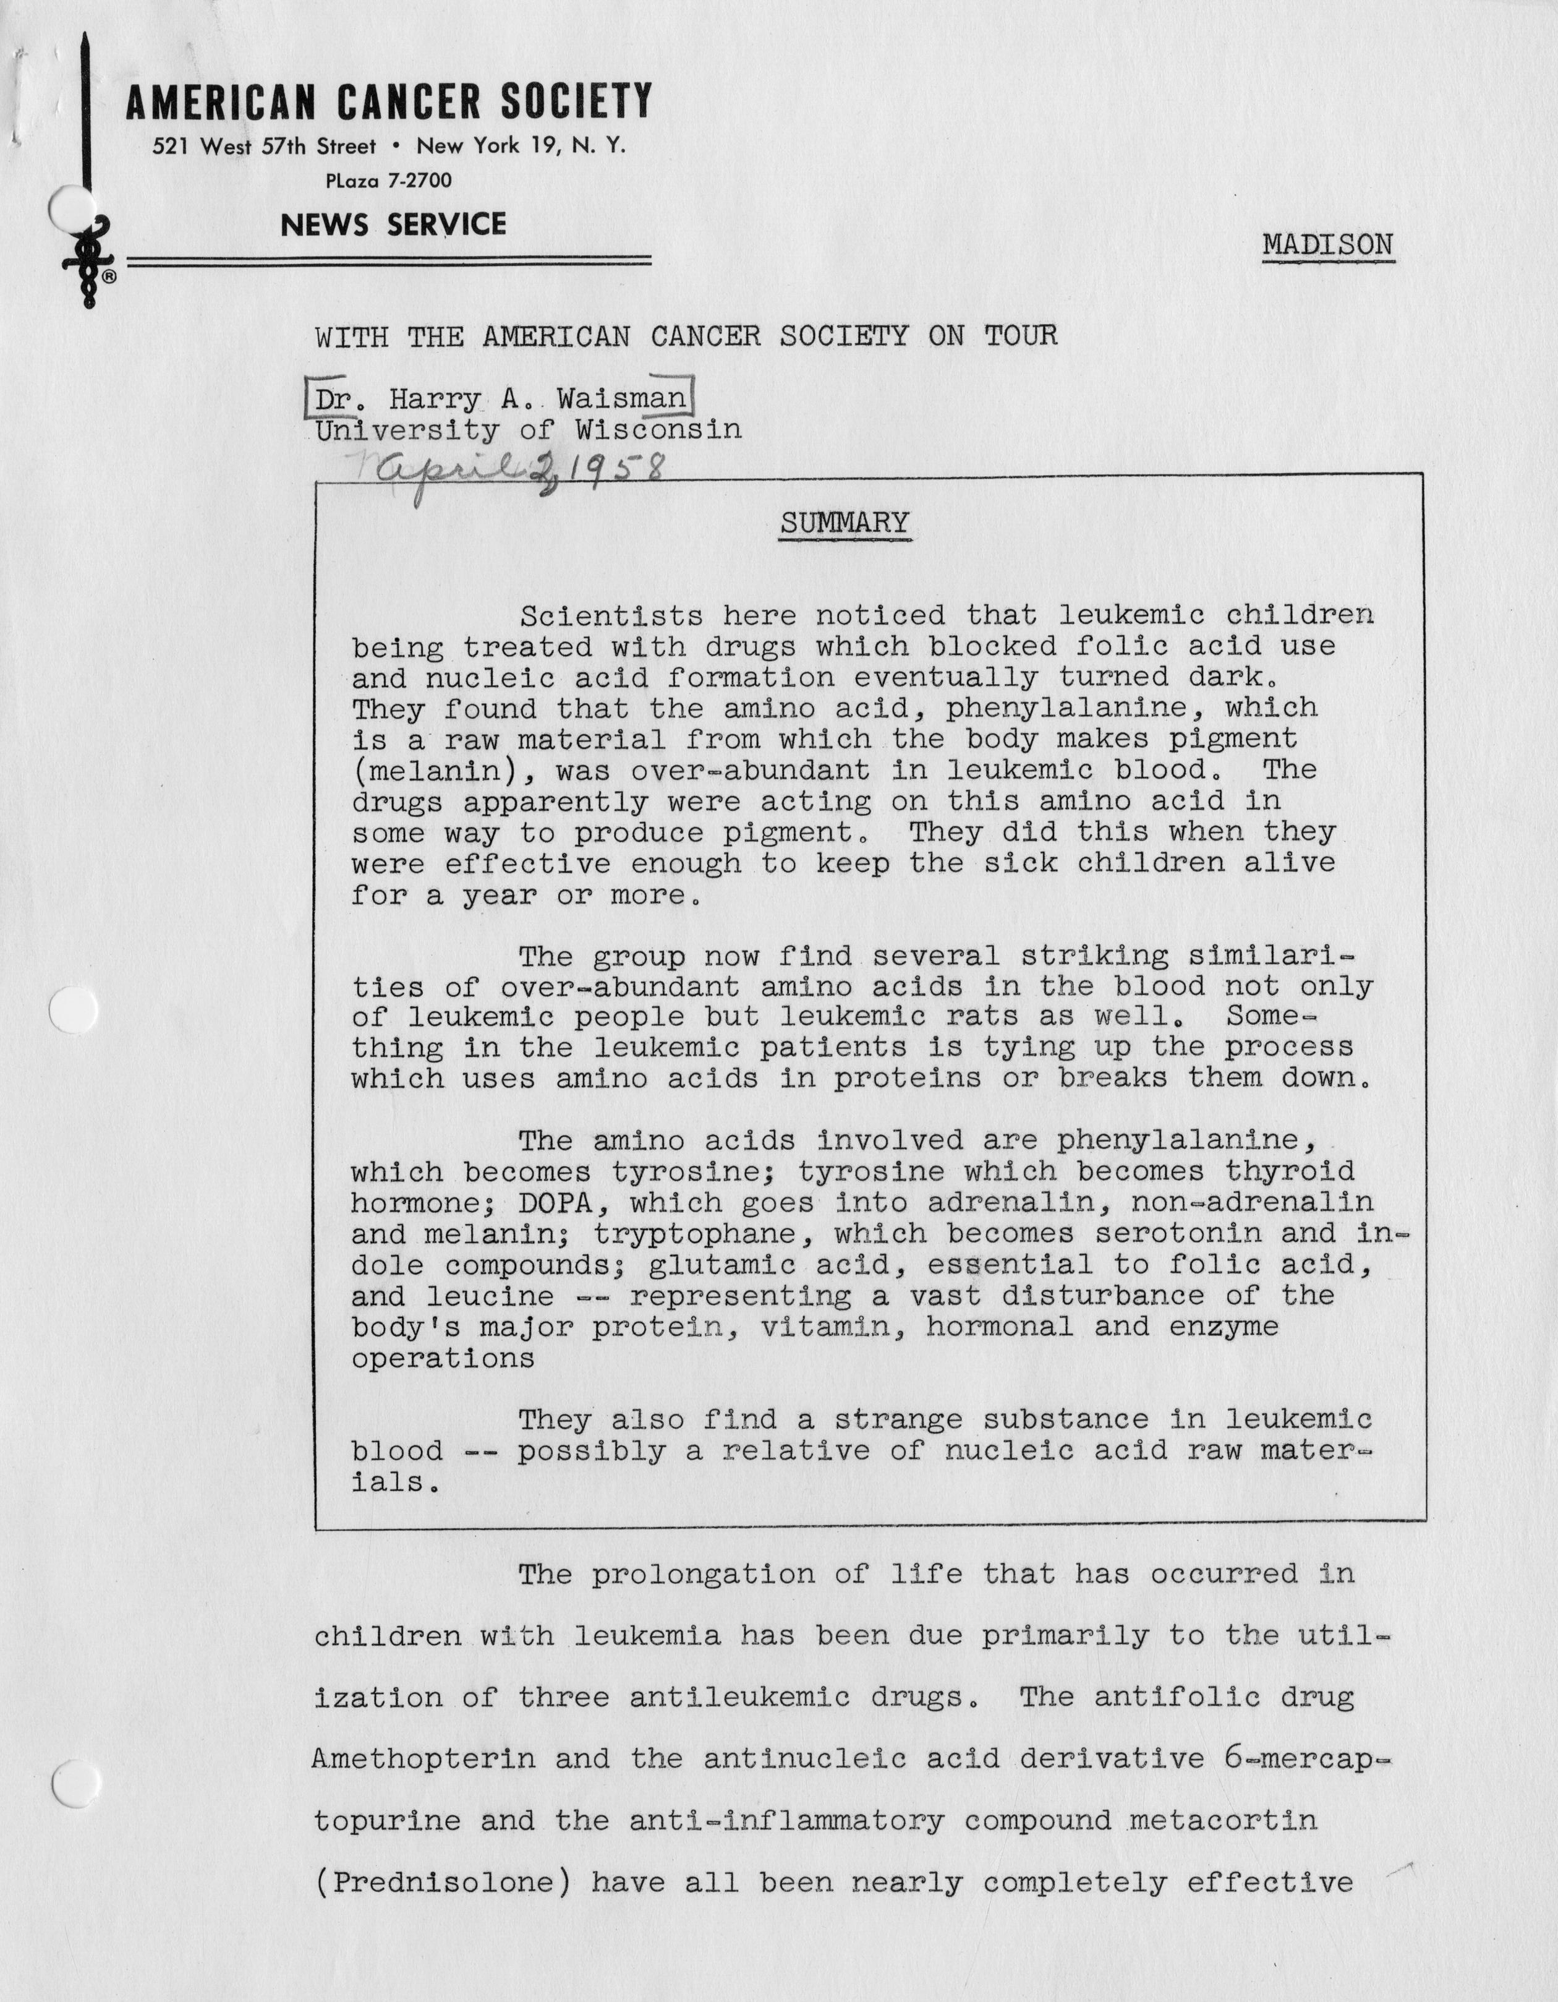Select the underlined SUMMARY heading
click(844, 523)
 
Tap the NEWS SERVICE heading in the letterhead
click(393, 225)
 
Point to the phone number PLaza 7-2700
click(389, 181)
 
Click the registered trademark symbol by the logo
click(109, 275)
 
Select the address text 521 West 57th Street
click(264, 147)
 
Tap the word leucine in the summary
click(490, 1296)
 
